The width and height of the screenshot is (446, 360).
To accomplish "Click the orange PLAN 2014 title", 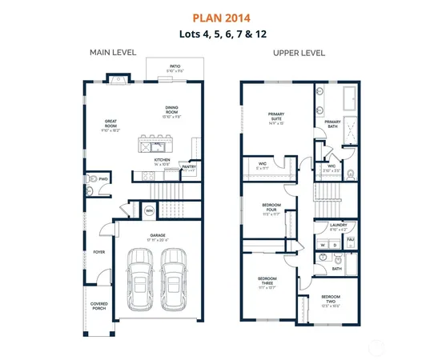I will [x=223, y=17].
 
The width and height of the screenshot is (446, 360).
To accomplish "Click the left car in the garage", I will [x=141, y=275].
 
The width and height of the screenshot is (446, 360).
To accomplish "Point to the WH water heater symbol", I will [x=149, y=211].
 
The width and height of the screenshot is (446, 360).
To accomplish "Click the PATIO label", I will [x=174, y=67].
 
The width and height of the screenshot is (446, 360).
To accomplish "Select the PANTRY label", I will [x=189, y=167].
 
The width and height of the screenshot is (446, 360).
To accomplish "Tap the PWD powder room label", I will [x=103, y=178].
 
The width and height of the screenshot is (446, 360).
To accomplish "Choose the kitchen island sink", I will [x=158, y=146].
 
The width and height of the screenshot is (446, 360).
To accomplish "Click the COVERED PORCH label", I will [x=98, y=306].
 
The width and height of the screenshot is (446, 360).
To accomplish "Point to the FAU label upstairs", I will [x=349, y=238].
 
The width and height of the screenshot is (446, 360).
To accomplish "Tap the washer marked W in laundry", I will [x=323, y=245].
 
